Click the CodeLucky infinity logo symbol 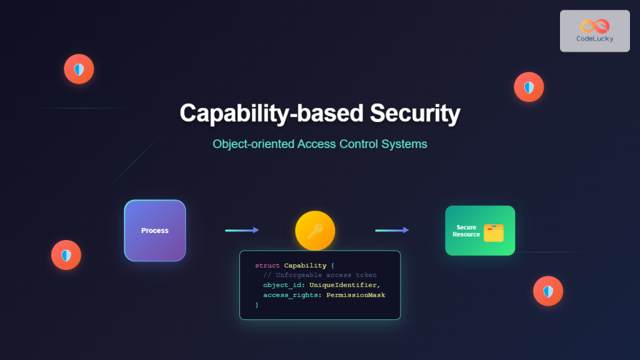594,26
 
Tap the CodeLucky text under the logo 594,39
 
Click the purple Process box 155,231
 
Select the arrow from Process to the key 242,230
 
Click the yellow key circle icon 315,231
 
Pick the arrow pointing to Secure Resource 392,230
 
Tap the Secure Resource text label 466,231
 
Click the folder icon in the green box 494,232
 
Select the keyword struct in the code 267,266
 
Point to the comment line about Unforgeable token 320,275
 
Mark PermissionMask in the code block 356,295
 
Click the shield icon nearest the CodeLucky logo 529,87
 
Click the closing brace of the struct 257,305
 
